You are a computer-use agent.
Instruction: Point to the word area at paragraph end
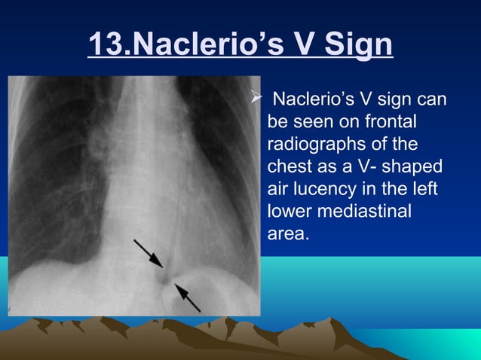pos(286,234)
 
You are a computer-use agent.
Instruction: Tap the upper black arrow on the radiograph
pos(149,253)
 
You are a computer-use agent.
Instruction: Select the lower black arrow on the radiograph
pos(187,297)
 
